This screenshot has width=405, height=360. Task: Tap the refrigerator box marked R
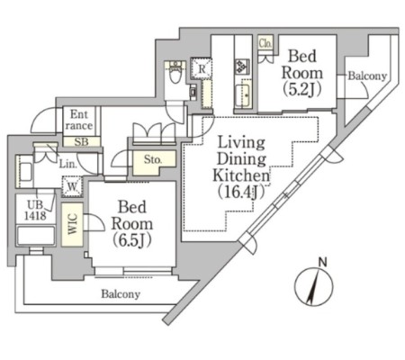202,68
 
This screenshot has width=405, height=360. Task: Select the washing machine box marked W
72,186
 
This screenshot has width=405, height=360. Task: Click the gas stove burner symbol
242,67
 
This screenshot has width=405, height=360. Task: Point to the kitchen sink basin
242,96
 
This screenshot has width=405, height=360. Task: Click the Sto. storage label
153,159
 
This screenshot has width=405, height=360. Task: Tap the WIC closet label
72,224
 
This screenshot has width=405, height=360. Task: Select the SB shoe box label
81,141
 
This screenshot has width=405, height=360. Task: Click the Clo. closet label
265,44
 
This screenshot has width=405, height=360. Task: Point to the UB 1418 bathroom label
35,211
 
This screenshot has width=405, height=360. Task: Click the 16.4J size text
241,192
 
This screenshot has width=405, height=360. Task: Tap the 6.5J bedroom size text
132,240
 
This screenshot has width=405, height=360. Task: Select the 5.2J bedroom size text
302,89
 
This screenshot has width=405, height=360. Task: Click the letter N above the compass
322,263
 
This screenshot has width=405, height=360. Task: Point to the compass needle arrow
314,286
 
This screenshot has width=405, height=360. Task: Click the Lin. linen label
67,164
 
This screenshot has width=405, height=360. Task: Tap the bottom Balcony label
121,294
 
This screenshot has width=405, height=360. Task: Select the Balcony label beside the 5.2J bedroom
367,76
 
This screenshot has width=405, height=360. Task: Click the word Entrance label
79,120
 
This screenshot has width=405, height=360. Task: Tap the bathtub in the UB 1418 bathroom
36,236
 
